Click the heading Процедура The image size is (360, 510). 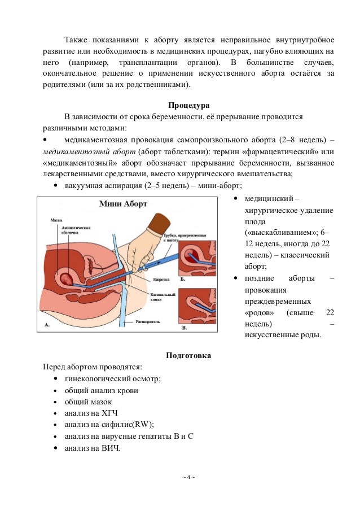click(x=188, y=106)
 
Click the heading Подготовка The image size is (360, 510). click(x=188, y=356)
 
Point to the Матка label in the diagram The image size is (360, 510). click(x=56, y=221)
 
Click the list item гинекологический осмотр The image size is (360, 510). click(x=113, y=378)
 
